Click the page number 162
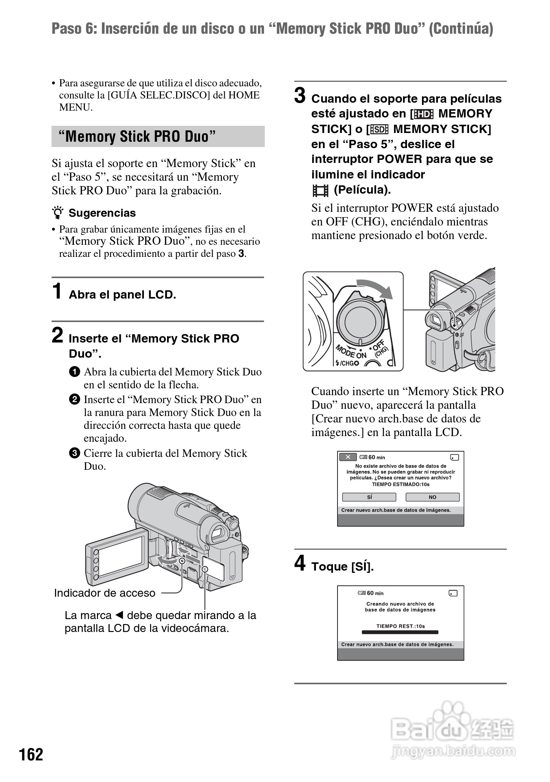pyautogui.click(x=31, y=754)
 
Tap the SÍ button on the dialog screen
pyautogui.click(x=369, y=497)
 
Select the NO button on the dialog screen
pyautogui.click(x=432, y=497)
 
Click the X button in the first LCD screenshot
pyautogui.click(x=348, y=457)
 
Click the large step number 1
pyautogui.click(x=57, y=291)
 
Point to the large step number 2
pyautogui.click(x=57, y=335)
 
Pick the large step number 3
pyautogui.click(x=300, y=95)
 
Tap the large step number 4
pyautogui.click(x=300, y=563)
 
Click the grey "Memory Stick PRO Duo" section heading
pyautogui.click(x=158, y=136)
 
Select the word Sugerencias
pyautogui.click(x=102, y=213)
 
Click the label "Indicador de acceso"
pyautogui.click(x=105, y=593)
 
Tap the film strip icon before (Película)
pyautogui.click(x=320, y=190)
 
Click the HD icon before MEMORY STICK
pyautogui.click(x=423, y=114)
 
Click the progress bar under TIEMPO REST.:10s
pyautogui.click(x=400, y=632)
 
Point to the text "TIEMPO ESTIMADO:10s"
pyautogui.click(x=400, y=484)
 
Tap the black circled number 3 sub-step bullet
pyautogui.click(x=75, y=453)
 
